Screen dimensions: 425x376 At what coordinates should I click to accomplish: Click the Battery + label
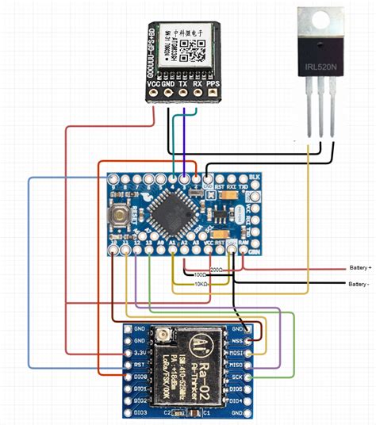pos(359,267)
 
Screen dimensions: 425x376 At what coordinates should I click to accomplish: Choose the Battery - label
pos(359,283)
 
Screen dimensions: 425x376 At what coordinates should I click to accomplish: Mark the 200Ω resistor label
pos(215,270)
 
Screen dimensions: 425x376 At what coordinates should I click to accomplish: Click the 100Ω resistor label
pos(200,276)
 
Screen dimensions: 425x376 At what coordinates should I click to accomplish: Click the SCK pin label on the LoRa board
pos(236,377)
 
